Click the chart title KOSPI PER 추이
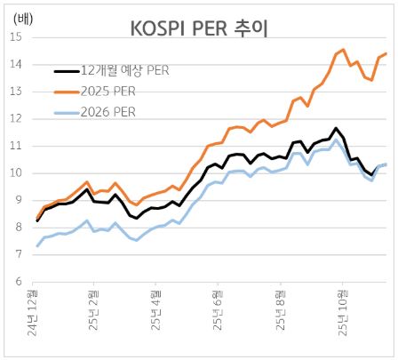[199, 29]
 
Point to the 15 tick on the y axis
[18, 38]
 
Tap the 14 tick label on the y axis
[18, 65]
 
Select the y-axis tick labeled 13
[18, 92]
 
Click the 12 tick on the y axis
[18, 119]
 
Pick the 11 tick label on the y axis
[18, 146]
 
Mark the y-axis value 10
[18, 173]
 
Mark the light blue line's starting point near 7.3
[36, 245]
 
